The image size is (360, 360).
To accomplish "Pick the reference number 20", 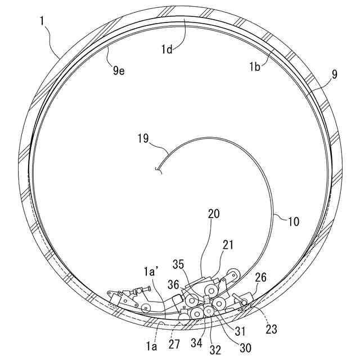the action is [x=213, y=214].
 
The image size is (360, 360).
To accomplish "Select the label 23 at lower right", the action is [x=271, y=330].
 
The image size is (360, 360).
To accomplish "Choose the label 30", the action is [x=245, y=347].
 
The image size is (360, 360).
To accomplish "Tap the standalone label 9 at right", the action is [x=335, y=75].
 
